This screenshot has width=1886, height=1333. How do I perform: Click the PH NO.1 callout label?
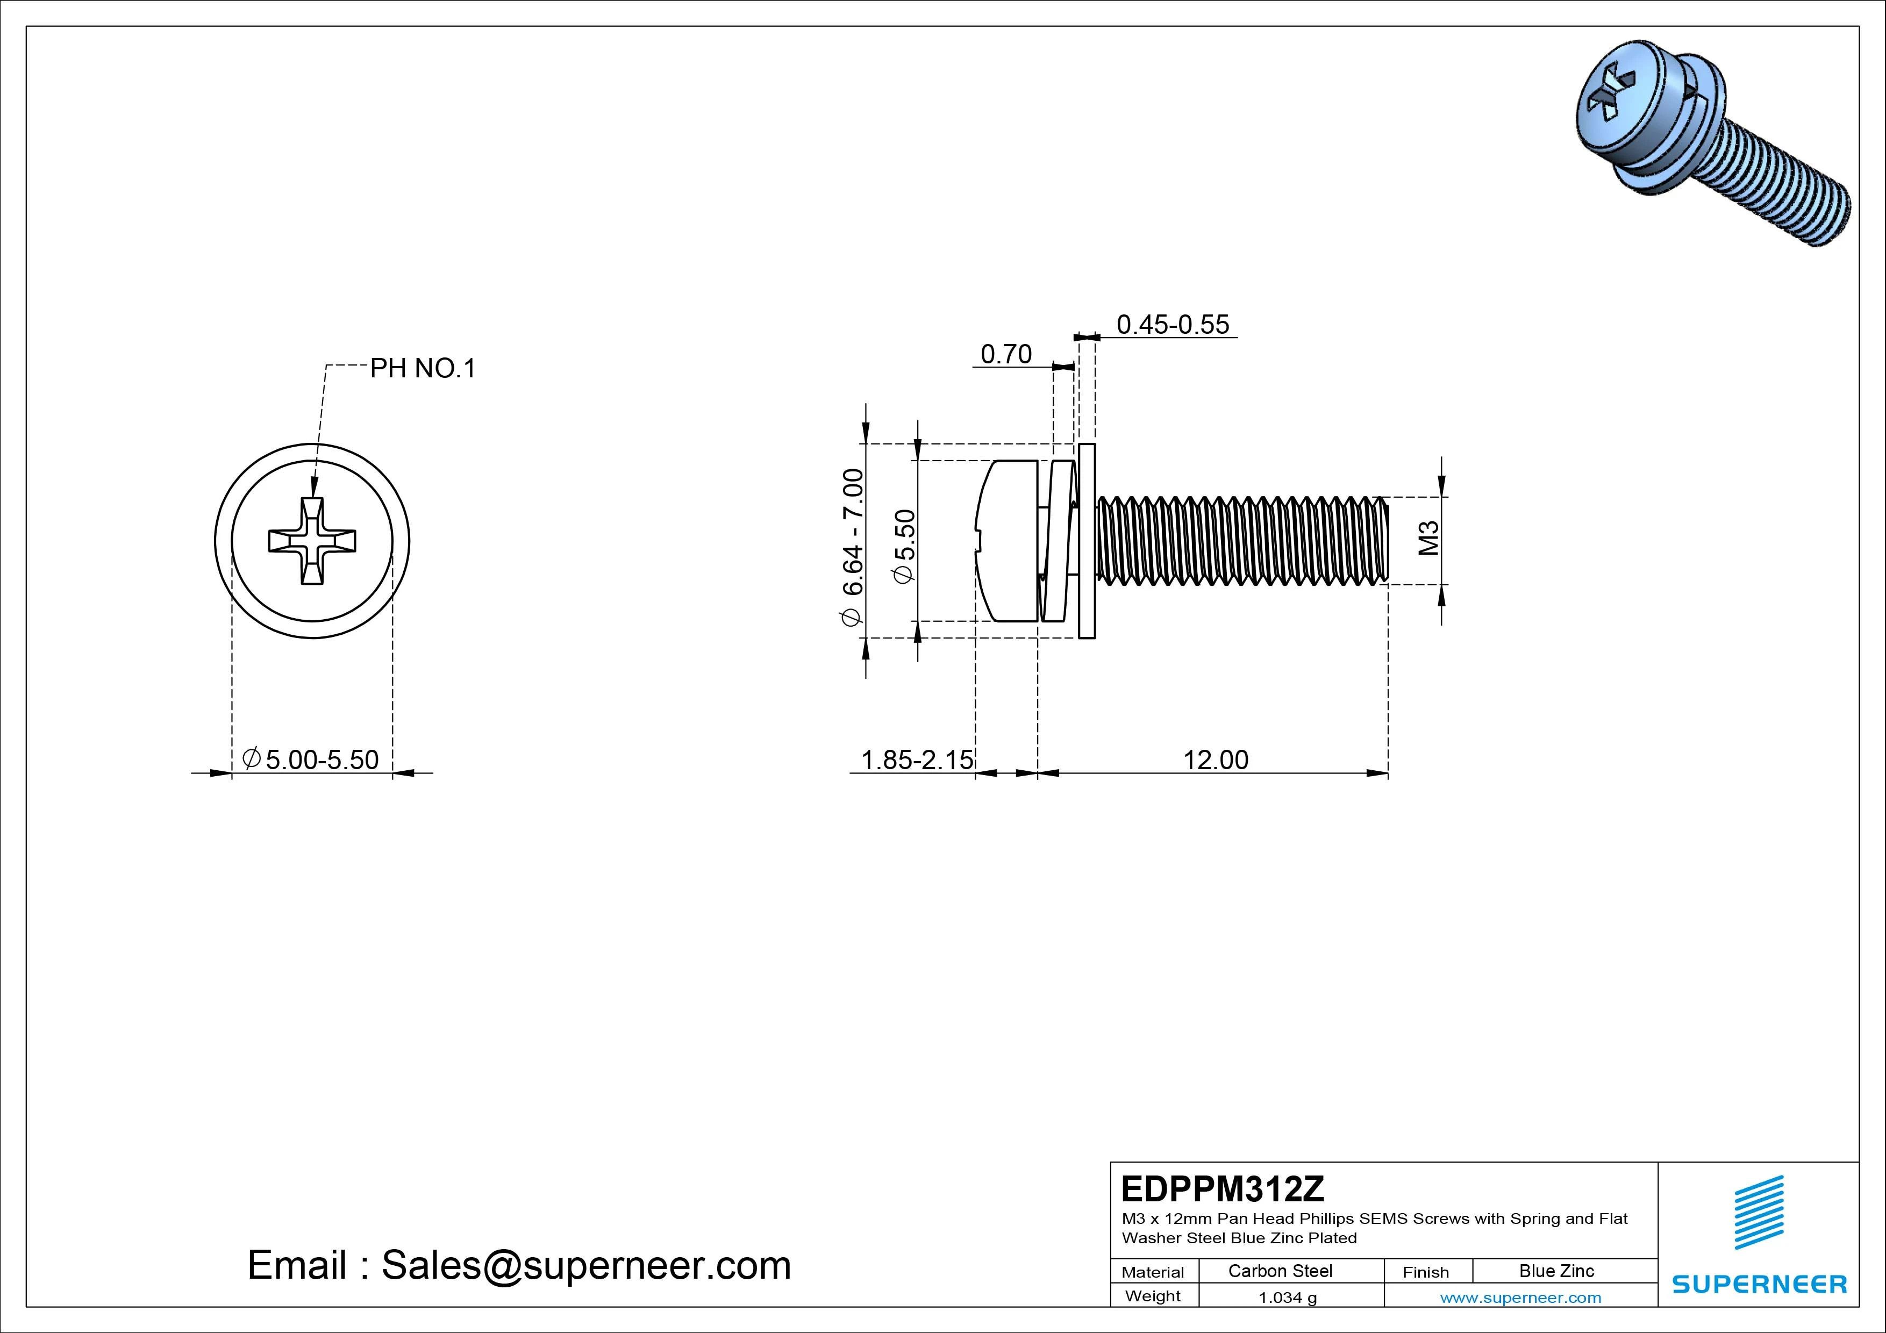tap(422, 369)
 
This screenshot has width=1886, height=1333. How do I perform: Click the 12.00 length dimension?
tap(1215, 759)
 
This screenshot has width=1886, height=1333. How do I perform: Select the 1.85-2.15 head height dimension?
tap(916, 759)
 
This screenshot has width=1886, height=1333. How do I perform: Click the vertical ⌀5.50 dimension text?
tap(904, 546)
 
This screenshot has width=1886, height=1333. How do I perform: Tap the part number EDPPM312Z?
tap(1222, 1188)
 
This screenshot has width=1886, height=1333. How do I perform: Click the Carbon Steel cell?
tap(1280, 1271)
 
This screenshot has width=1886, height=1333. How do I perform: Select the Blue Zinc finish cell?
tap(1556, 1271)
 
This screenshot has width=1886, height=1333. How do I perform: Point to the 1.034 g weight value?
tap(1287, 1298)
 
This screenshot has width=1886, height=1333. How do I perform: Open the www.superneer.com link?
tap(1520, 1298)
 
